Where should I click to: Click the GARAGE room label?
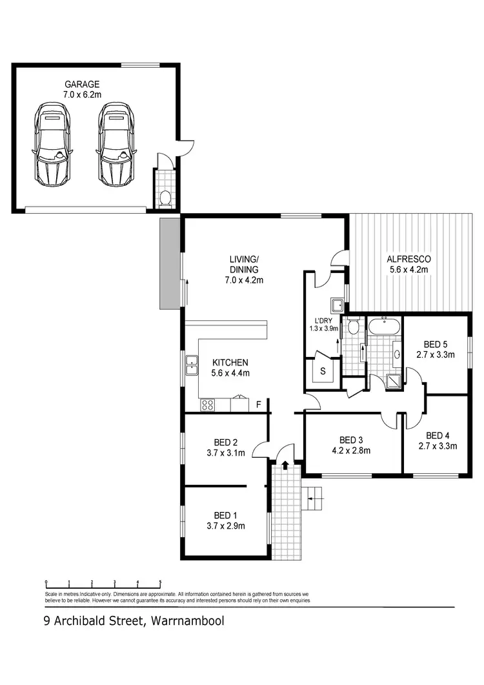click(82, 84)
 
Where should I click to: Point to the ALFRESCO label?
click(408, 259)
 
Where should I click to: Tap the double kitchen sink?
click(192, 365)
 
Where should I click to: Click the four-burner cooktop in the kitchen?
click(208, 405)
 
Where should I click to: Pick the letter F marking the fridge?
click(258, 405)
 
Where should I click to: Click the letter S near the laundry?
click(323, 371)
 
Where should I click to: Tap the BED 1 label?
click(226, 515)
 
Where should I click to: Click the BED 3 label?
click(351, 440)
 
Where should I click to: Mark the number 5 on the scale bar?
click(159, 582)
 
